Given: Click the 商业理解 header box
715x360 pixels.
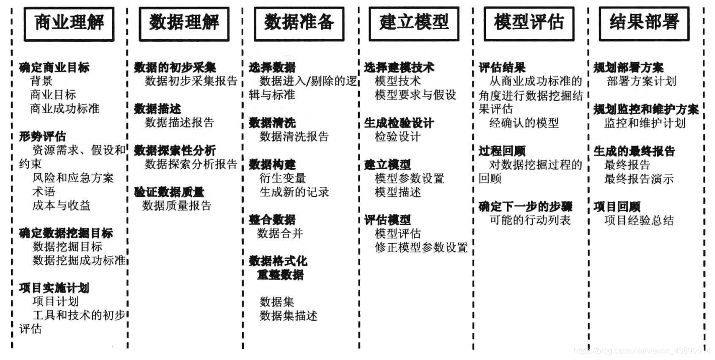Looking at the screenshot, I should [x=69, y=23].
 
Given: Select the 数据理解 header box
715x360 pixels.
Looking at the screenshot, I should [x=184, y=23].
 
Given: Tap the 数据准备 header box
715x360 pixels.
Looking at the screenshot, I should [x=299, y=23].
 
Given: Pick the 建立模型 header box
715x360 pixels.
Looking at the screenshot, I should [x=414, y=23].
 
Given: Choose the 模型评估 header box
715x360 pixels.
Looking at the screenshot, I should [x=529, y=23].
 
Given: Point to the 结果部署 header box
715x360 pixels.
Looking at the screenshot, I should [x=643, y=23].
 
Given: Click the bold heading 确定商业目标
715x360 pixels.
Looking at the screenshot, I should [x=54, y=67].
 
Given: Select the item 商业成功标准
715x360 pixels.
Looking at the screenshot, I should [x=65, y=108].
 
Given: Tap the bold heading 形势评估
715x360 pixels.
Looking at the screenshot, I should [x=42, y=136].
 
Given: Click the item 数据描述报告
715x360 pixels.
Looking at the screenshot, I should [x=179, y=122].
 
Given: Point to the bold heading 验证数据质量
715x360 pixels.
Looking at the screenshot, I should [x=169, y=192].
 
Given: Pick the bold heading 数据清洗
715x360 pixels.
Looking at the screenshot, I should [x=272, y=123].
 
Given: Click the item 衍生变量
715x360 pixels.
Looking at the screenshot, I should [x=282, y=178].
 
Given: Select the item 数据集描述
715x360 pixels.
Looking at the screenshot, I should [x=289, y=316].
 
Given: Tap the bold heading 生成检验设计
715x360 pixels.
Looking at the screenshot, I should [x=399, y=123].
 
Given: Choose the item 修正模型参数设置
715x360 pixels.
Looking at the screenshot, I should [x=421, y=247].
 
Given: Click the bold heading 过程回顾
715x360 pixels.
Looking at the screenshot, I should [x=502, y=151].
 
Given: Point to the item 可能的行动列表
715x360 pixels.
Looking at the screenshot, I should [x=530, y=220].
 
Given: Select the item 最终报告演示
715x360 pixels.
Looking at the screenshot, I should [x=638, y=179].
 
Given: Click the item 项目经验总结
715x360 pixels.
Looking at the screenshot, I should [x=638, y=221].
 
